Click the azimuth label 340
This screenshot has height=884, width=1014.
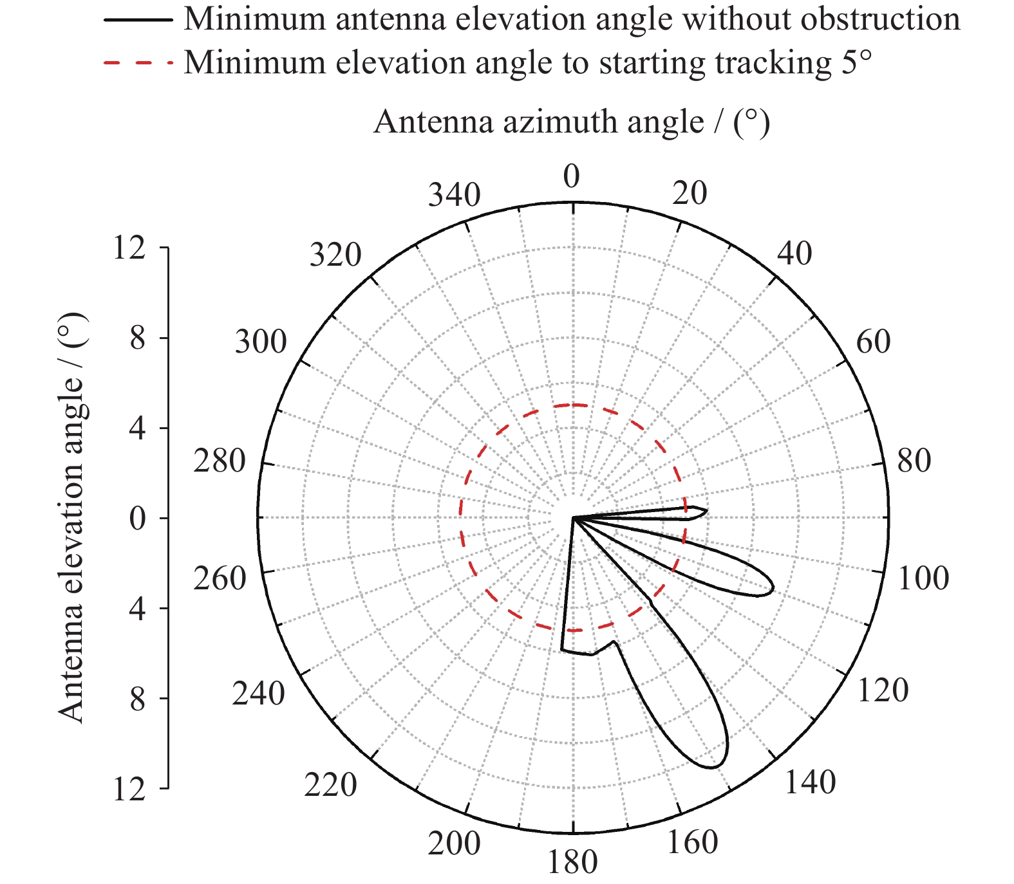coord(454,196)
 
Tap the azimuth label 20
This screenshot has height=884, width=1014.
coord(689,193)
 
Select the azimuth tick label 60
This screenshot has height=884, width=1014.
coord(873,342)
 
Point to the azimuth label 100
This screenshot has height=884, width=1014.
coord(923,579)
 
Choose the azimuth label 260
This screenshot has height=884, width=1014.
coord(220,579)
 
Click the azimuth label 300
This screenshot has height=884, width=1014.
coord(260,342)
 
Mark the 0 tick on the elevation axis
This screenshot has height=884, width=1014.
coord(138,519)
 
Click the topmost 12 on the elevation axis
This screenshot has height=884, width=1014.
coord(129,248)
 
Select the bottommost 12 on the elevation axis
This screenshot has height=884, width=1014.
coord(129,789)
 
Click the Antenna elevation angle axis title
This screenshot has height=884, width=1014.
coord(71,518)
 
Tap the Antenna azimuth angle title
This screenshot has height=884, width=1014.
coord(572,122)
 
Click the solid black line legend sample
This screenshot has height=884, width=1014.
coord(138,20)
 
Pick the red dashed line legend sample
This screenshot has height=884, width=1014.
coord(138,63)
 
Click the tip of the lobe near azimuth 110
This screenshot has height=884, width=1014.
coord(771,589)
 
